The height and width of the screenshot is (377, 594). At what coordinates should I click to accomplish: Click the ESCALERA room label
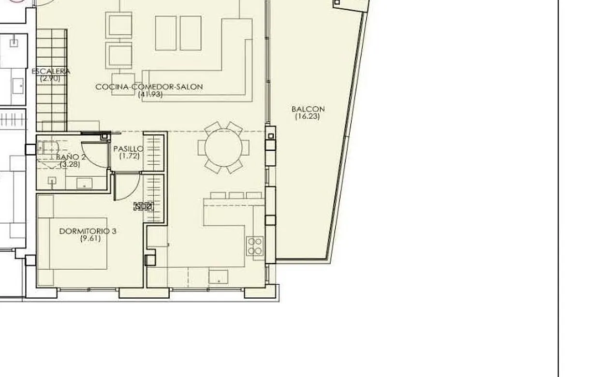point(51,72)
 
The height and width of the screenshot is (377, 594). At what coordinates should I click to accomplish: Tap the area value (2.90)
point(50,78)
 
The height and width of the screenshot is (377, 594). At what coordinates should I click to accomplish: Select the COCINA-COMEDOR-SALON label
point(149,87)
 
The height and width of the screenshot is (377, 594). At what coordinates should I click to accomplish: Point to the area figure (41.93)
point(150,94)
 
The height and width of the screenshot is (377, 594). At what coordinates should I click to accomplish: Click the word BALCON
point(308,109)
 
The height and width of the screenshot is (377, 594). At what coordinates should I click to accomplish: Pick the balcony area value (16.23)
point(308,116)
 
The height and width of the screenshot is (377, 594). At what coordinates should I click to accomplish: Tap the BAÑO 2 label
point(71,157)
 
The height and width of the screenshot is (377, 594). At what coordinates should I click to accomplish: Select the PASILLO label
point(129,149)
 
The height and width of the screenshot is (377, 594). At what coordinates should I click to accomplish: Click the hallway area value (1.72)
point(129,156)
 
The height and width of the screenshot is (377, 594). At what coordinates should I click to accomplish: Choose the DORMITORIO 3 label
point(88,231)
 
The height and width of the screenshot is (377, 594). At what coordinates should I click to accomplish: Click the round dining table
point(223,147)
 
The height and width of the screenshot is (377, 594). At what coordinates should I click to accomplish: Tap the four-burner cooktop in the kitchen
point(255,246)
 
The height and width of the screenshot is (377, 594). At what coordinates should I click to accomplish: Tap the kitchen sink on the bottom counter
point(218,276)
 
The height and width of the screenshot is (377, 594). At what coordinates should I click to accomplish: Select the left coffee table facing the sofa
point(165,33)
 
